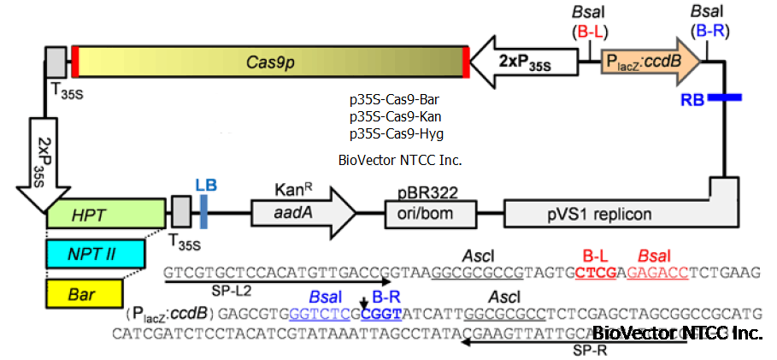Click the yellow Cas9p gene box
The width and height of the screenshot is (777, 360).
(x=269, y=62)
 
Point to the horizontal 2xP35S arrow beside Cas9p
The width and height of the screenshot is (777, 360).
(x=521, y=62)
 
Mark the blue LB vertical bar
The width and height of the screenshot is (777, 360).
(x=204, y=211)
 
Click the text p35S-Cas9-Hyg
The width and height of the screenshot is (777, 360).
(x=396, y=134)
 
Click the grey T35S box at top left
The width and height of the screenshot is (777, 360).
(x=56, y=62)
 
